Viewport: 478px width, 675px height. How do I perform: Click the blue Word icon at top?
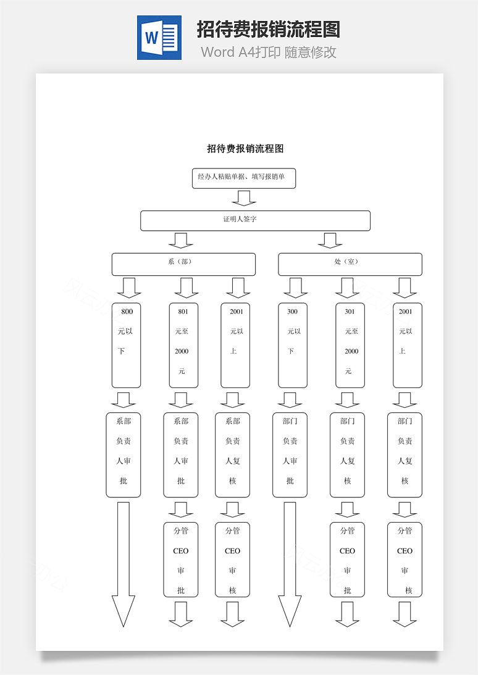coord(159,38)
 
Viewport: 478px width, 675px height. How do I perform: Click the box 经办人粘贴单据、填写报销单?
coord(244,178)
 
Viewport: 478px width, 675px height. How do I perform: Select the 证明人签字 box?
coord(255,220)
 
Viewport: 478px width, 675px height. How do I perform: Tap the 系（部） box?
coord(183,264)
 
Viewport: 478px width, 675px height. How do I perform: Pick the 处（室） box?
coord(350,264)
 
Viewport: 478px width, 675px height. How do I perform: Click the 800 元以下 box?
coord(126,346)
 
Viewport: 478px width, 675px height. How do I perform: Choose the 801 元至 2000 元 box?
coord(183,346)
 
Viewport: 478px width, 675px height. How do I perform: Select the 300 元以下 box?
coord(293,346)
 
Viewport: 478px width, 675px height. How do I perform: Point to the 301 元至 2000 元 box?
coord(350,346)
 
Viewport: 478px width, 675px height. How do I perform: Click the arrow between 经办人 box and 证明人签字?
coord(244,199)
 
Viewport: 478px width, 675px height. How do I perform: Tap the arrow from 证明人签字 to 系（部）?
coord(181,241)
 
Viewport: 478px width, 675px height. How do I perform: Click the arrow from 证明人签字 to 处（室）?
coord(330,241)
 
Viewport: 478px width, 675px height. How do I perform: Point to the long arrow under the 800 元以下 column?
coord(124,565)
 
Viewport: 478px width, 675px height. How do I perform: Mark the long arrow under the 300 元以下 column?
coord(290,565)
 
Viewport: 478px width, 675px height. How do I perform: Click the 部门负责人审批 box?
coord(290,455)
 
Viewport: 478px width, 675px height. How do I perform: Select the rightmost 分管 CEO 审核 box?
coord(405,560)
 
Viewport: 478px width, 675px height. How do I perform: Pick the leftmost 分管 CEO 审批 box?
coord(181,560)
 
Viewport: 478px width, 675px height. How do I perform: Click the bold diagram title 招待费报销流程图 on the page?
coord(245,149)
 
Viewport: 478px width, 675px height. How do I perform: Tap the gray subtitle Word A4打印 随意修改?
coord(269,52)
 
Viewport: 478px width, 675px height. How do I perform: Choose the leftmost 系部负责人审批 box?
coord(124,455)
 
